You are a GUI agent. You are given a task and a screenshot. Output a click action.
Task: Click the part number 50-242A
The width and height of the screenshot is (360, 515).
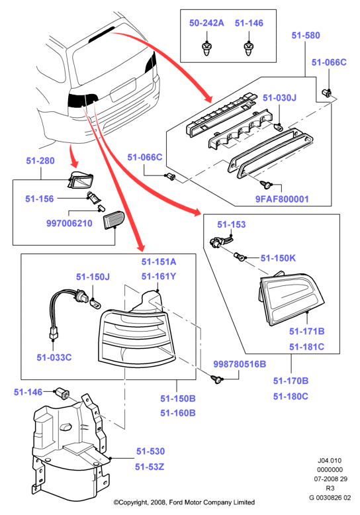206,23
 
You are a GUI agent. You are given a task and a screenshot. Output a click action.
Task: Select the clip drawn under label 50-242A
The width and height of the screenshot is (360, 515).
206,48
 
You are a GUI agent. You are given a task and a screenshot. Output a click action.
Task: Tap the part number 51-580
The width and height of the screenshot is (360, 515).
306,35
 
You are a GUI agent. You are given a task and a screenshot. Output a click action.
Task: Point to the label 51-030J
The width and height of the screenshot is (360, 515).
279,98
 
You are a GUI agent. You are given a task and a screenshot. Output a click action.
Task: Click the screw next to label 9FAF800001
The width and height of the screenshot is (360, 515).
265,185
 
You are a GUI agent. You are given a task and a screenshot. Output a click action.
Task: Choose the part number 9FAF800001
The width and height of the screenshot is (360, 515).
282,199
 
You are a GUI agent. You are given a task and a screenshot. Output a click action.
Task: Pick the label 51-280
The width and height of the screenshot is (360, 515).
40,161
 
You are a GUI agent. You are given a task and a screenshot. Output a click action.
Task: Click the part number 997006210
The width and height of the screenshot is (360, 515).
69,223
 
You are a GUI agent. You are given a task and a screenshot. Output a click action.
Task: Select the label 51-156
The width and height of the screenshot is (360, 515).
40,199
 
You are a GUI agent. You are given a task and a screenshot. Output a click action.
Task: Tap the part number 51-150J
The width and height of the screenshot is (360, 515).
93,277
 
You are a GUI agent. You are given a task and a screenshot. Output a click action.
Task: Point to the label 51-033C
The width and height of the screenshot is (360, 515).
54,357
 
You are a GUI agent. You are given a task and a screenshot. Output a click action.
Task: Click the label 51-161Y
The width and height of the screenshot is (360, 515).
159,277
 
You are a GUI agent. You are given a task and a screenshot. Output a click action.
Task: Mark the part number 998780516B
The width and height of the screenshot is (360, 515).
240,364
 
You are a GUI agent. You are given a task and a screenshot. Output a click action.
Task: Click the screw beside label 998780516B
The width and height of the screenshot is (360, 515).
216,380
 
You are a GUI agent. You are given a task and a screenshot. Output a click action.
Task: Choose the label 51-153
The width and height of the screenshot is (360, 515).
231,224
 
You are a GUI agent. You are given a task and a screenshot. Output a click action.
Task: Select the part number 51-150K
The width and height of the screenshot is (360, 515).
278,258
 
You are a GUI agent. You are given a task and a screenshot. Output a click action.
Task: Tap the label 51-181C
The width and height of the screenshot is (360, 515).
306,347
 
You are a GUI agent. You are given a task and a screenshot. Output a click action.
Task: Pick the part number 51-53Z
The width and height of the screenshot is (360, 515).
150,467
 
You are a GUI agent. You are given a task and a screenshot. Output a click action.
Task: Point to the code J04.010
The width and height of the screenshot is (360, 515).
330,461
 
